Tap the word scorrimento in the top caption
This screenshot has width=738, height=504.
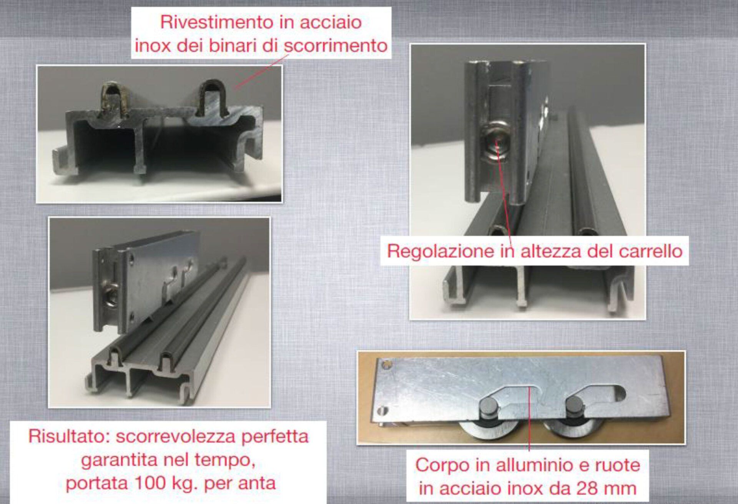tap(336, 46)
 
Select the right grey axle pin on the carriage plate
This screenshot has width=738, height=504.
tap(574, 408)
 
